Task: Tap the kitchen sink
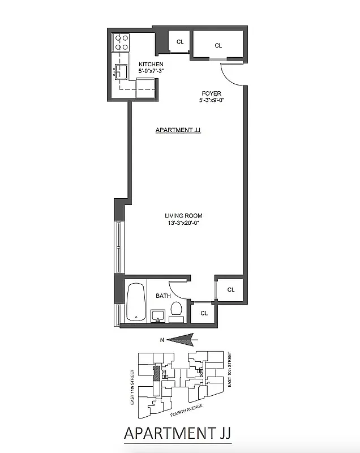121,71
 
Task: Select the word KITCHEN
151,65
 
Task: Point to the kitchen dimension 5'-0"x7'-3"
151,72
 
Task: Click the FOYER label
211,93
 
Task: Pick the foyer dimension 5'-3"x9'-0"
211,101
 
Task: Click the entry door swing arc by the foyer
229,76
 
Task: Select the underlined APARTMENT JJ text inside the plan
178,130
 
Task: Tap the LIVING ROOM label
183,216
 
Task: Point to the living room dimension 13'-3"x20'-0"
183,223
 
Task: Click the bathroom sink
158,314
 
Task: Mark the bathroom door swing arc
180,288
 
